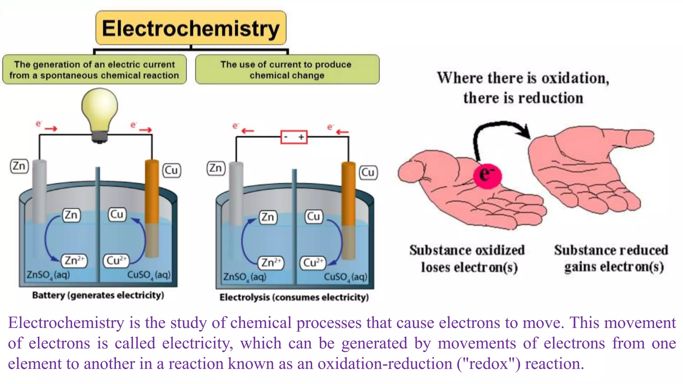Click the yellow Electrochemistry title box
[x=191, y=28]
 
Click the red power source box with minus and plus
[x=294, y=137]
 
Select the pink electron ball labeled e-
[x=487, y=175]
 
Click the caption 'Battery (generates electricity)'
[x=98, y=295]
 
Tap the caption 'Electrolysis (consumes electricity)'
[x=294, y=297]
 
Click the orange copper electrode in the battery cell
[x=152, y=192]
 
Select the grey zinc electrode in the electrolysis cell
[x=236, y=193]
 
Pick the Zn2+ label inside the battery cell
[x=74, y=260]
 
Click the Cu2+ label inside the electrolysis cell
[x=313, y=263]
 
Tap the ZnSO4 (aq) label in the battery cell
[x=48, y=275]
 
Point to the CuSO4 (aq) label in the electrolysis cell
[x=346, y=277]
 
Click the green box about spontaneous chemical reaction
[x=94, y=70]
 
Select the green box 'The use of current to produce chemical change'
[x=287, y=70]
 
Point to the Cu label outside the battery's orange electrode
[x=171, y=170]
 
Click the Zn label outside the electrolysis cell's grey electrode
[x=216, y=168]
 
